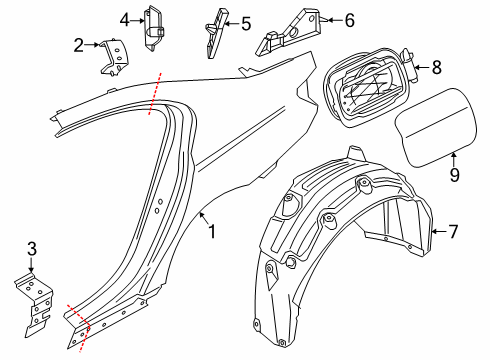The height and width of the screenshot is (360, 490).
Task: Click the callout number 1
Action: [x=212, y=231]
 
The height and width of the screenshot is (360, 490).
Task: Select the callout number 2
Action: [x=79, y=45]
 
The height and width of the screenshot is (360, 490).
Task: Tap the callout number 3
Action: [x=32, y=249]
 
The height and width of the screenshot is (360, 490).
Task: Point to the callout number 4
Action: [x=125, y=20]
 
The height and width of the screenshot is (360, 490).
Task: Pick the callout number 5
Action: [x=246, y=24]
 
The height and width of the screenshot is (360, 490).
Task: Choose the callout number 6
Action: [x=349, y=20]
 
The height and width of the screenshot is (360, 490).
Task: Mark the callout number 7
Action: [x=453, y=231]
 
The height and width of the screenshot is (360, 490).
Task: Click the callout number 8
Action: [x=437, y=67]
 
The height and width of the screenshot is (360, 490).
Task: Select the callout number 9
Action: [x=455, y=175]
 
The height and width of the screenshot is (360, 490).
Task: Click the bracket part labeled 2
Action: [x=115, y=57]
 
